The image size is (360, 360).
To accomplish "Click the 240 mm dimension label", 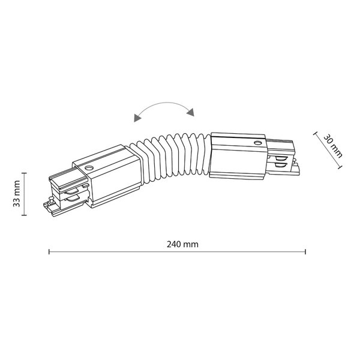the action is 182,244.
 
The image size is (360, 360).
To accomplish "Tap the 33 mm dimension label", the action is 17,194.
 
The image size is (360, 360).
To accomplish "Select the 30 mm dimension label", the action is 333,146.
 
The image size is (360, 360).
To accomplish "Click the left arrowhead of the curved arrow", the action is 137,118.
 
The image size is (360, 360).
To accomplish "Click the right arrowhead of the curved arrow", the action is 191,112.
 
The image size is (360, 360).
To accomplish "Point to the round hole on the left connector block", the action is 88,167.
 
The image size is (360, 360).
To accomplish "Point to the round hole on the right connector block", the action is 257,143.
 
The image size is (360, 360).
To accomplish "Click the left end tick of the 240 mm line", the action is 49,251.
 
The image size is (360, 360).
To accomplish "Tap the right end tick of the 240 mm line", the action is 305,251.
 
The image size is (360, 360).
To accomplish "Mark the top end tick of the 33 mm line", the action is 24,173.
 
